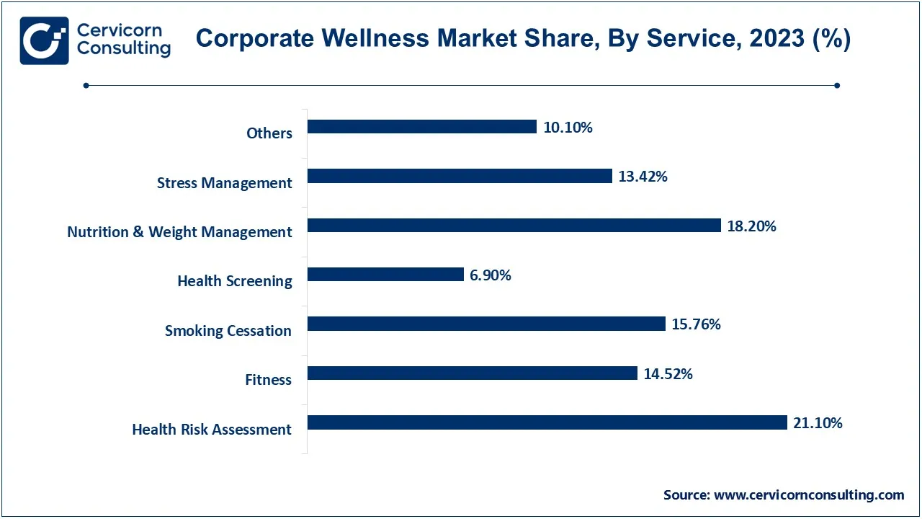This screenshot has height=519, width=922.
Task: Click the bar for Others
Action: tap(422, 127)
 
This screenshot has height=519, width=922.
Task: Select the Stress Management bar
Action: tap(460, 176)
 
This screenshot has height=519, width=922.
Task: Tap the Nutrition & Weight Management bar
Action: tap(514, 226)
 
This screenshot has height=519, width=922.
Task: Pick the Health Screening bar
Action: tap(385, 275)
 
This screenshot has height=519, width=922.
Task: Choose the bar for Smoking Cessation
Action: tap(486, 324)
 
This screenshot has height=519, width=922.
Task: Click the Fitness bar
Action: tap(473, 373)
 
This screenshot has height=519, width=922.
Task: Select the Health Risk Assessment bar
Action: tap(547, 422)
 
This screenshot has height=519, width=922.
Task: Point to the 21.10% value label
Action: tap(818, 423)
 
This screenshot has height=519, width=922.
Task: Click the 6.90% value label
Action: tap(491, 275)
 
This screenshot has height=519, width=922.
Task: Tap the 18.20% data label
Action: tap(751, 226)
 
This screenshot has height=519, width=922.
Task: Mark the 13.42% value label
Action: tap(643, 177)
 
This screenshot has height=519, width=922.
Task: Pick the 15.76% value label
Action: tap(696, 324)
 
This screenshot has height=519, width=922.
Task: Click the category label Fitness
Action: tap(268, 380)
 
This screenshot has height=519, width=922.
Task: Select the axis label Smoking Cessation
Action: tap(228, 331)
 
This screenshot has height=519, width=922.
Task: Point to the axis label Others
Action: tap(269, 133)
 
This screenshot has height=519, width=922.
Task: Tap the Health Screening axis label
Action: tap(235, 281)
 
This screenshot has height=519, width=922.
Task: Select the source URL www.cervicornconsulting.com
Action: tap(808, 495)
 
